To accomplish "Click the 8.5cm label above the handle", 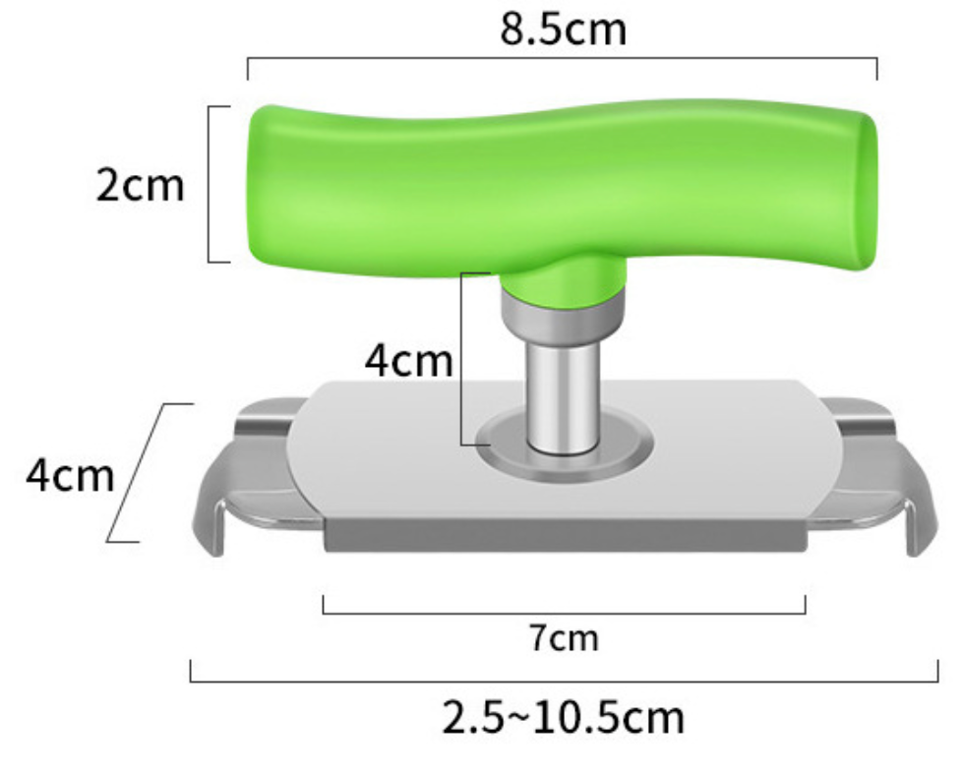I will (563, 29).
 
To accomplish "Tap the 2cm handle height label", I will (140, 184).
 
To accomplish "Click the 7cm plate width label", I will (564, 638).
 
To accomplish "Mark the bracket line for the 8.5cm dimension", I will (563, 60).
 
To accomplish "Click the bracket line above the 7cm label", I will (564, 612).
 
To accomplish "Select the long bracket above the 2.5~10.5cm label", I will (564, 679).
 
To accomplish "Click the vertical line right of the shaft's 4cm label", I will (462, 359).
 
